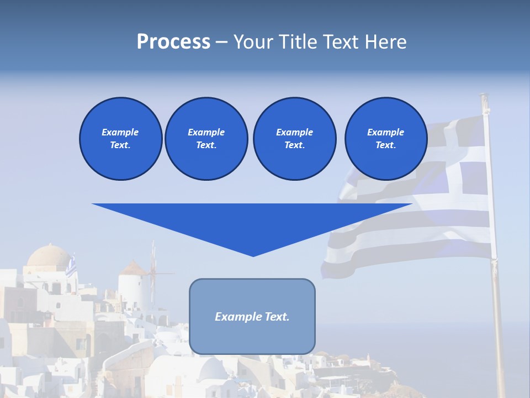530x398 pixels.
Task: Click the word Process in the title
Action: (173, 42)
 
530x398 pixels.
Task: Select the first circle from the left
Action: (120, 139)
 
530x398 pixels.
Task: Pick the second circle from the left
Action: (206, 139)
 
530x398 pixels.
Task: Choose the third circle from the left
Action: (294, 139)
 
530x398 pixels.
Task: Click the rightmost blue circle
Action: (385, 139)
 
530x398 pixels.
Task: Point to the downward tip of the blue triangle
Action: (253, 255)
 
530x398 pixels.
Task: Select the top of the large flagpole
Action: (484, 97)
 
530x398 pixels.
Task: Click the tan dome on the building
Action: (49, 257)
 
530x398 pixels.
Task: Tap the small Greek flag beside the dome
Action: (71, 268)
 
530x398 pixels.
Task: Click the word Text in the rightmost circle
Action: (385, 145)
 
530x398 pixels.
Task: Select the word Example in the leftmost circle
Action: (120, 132)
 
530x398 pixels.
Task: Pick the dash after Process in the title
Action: (221, 42)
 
